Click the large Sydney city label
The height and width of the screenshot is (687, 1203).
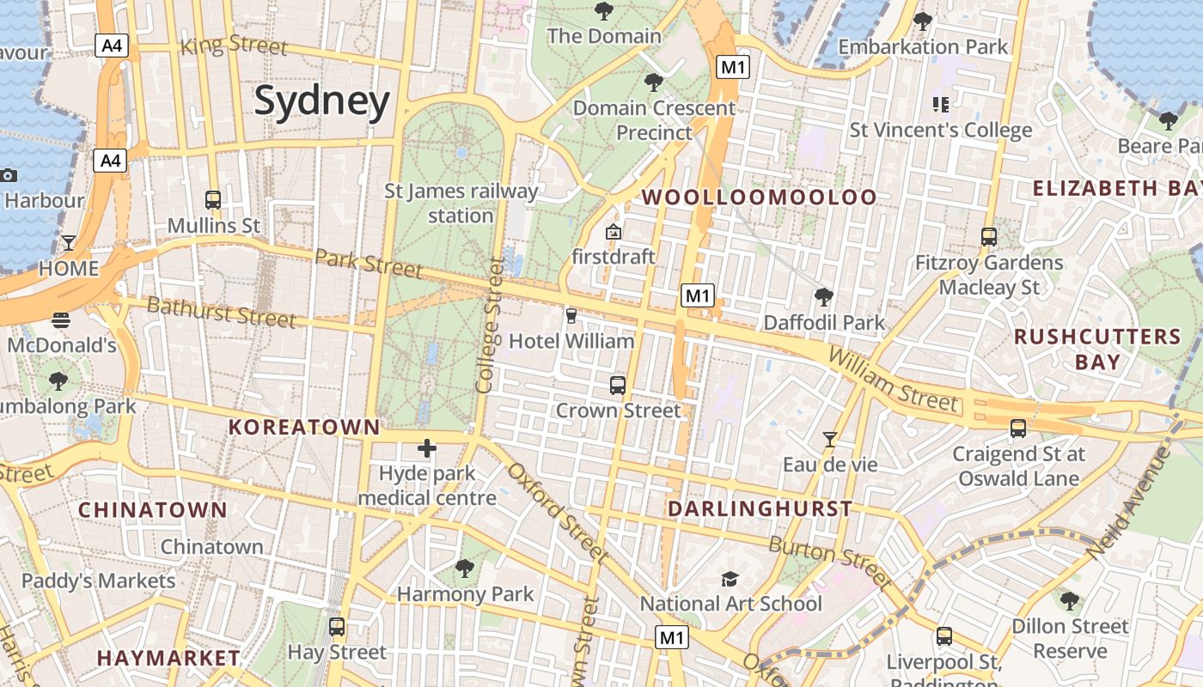pyautogui.click(x=322, y=101)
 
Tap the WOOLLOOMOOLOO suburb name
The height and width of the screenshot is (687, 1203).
pyautogui.click(x=760, y=198)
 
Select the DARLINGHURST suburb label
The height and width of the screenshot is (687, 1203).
pyautogui.click(x=760, y=508)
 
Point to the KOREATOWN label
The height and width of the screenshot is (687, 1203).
pyautogui.click(x=303, y=427)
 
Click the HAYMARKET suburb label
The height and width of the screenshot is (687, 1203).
pyautogui.click(x=168, y=658)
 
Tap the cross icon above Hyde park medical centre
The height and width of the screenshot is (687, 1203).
pyautogui.click(x=427, y=448)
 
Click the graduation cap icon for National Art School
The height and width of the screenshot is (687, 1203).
pyautogui.click(x=730, y=579)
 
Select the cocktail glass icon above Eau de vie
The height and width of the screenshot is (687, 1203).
pyautogui.click(x=829, y=440)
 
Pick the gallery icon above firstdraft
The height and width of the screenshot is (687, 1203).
pyautogui.click(x=614, y=232)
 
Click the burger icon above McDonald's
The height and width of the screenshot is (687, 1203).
pyautogui.click(x=61, y=320)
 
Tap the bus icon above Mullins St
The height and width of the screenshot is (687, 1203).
pyautogui.click(x=213, y=200)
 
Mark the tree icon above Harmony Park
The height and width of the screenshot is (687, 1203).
pyautogui.click(x=465, y=568)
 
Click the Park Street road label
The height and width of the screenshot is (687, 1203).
pyautogui.click(x=368, y=264)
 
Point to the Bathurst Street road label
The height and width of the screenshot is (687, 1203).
pyautogui.click(x=221, y=312)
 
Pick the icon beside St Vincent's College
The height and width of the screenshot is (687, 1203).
pyautogui.click(x=941, y=105)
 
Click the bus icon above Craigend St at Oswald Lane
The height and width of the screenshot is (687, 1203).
pyautogui.click(x=1018, y=428)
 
